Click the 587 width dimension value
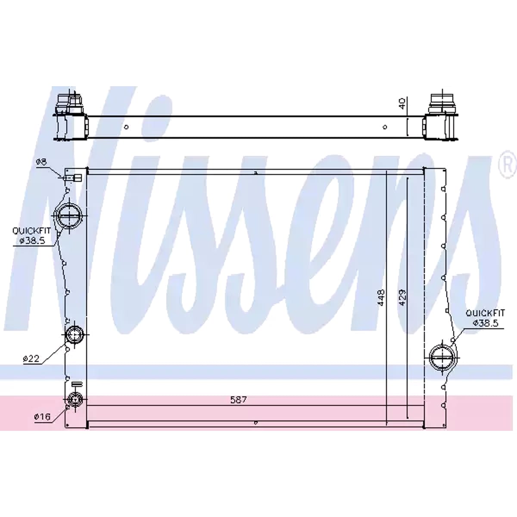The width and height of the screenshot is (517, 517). tap(238, 400)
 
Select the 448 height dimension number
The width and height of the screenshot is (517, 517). tap(381, 297)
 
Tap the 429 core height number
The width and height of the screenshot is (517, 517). tap(402, 297)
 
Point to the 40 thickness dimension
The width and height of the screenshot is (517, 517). tap(402, 103)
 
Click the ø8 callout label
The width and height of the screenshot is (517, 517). tap(41, 162)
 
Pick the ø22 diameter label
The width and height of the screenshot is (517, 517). tap(31, 358)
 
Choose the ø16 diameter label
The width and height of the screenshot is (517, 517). tap(42, 417)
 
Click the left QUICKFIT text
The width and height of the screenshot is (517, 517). tap(31, 231)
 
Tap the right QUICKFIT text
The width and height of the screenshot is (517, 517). tap(485, 313)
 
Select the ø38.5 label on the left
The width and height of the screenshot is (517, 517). tap(32, 241)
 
